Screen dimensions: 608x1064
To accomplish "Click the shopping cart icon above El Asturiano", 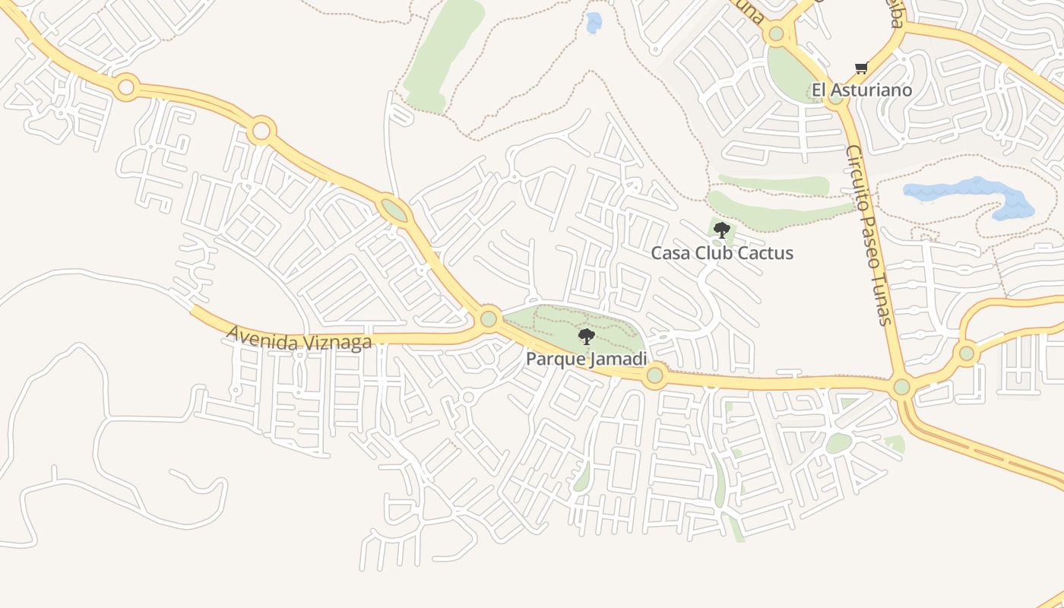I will [x=861, y=68].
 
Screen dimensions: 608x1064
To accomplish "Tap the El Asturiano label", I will [x=862, y=90].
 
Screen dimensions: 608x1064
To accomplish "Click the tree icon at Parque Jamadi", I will [x=586, y=337].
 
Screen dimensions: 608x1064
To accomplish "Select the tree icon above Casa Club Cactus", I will [x=722, y=230].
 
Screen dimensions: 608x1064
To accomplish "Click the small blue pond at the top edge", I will [x=594, y=23].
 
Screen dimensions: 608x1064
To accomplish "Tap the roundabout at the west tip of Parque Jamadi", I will [x=489, y=318].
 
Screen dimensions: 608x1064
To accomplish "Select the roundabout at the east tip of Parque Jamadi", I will [x=654, y=375].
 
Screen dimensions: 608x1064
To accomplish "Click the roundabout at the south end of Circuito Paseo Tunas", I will [x=901, y=387].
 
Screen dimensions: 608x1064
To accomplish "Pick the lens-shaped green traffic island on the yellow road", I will [x=394, y=210].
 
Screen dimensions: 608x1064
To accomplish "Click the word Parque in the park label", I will [x=556, y=359].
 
